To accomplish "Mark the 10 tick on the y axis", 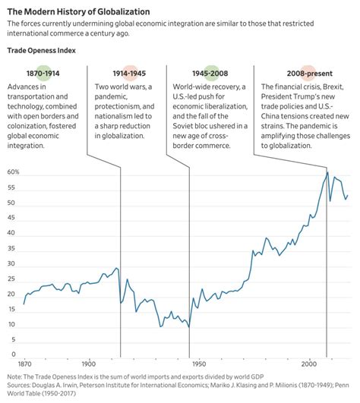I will pos(14,325).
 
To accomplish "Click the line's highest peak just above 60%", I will pos(327,172).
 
